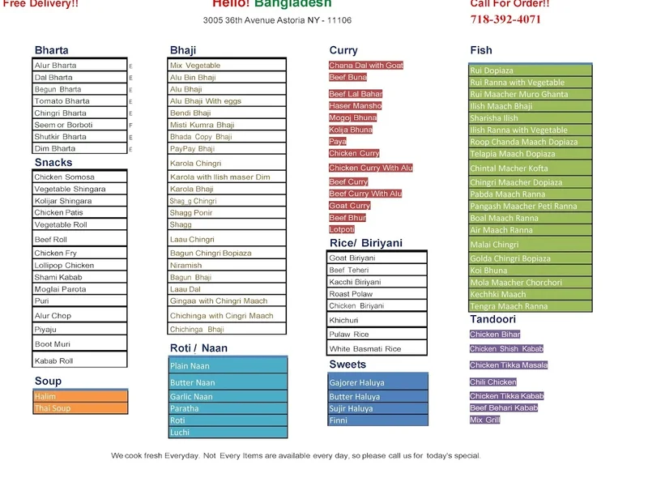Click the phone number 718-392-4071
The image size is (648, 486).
[x=505, y=19]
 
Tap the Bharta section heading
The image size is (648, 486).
[x=51, y=50]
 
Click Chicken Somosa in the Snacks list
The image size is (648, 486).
[x=64, y=177]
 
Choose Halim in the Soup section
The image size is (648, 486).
[x=45, y=397]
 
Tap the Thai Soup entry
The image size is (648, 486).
[x=53, y=408]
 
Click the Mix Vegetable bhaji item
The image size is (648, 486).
[x=195, y=66]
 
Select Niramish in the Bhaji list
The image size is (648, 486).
[x=185, y=265]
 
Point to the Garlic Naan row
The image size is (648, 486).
[x=192, y=397]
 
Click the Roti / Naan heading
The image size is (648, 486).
[x=198, y=348]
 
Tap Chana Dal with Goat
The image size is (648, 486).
[x=365, y=66]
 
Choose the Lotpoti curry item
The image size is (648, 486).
[x=342, y=229]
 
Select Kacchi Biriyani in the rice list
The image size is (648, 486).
[x=355, y=282]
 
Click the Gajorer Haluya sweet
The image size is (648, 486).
[x=357, y=382]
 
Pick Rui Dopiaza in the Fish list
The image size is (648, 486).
[x=492, y=70]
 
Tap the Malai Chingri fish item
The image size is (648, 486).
[x=494, y=245]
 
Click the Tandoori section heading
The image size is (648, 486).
[x=492, y=319]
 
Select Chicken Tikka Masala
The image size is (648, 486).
[x=509, y=365]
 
